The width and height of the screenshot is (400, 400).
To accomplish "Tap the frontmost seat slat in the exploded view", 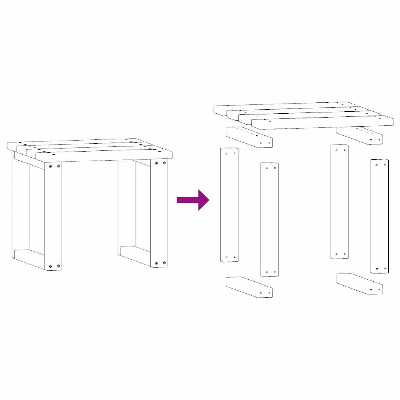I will (322, 122).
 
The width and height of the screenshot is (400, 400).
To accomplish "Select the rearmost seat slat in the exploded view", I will (281, 107).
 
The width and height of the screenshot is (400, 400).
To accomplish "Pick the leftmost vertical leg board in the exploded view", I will (229, 205).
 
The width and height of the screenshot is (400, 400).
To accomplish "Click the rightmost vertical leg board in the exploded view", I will (379, 216).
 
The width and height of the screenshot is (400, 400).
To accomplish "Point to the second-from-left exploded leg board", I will (270, 219).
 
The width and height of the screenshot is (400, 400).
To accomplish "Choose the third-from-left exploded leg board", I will (339, 201).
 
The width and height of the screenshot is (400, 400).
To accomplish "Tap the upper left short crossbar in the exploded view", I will (249, 137).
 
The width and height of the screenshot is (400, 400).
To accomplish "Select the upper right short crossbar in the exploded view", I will (359, 135).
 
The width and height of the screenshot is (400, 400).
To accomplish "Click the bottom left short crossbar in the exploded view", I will (249, 287).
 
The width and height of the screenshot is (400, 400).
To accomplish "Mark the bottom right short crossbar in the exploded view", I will (359, 284).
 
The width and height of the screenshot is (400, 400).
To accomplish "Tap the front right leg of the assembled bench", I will (159, 213).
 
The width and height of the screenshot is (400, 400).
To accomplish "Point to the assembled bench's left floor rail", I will (29, 258).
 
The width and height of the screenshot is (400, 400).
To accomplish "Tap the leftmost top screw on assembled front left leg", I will (50, 166).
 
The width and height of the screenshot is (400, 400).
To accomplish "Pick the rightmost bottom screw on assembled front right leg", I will (164, 263).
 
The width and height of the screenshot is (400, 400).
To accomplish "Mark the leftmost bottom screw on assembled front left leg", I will (50, 266).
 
